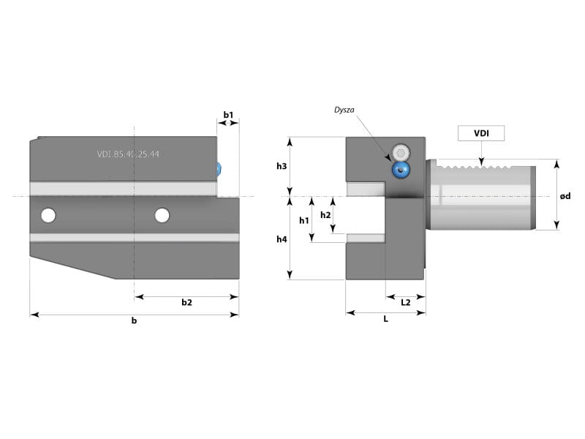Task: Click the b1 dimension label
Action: pyautogui.click(x=228, y=115)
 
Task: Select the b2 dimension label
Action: pyautogui.click(x=186, y=303)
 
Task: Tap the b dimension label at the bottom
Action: pyautogui.click(x=134, y=320)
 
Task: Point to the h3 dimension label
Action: pyautogui.click(x=282, y=167)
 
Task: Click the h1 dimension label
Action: pyautogui.click(x=304, y=220)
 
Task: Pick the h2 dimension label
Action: pyautogui.click(x=326, y=215)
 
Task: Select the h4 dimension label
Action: pyautogui.click(x=282, y=239)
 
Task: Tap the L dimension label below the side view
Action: pyautogui.click(x=385, y=319)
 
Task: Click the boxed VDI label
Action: pyautogui.click(x=481, y=133)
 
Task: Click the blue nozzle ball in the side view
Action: pyautogui.click(x=400, y=170)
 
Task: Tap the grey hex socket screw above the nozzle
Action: pyautogui.click(x=400, y=153)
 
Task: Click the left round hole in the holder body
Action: pyautogui.click(x=48, y=215)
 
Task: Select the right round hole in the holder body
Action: pyautogui.click(x=162, y=215)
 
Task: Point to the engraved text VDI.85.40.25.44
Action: pyautogui.click(x=128, y=154)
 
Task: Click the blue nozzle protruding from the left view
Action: pyautogui.click(x=221, y=169)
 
